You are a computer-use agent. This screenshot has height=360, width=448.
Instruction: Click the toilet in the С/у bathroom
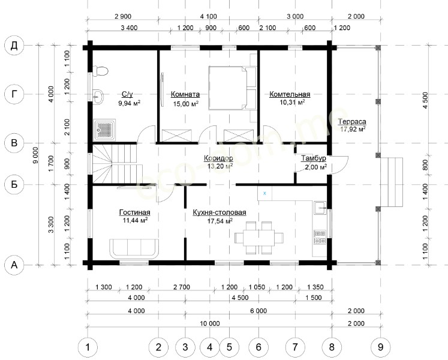[x=100, y=71]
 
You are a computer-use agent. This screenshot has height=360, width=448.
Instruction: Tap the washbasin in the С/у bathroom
[x=98, y=97]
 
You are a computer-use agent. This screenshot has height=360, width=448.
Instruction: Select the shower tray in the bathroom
[x=106, y=130]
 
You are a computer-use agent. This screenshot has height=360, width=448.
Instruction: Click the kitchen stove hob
[x=320, y=237]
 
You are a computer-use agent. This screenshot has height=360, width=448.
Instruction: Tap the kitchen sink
[x=320, y=208]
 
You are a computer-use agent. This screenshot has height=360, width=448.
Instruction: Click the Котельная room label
[x=290, y=94]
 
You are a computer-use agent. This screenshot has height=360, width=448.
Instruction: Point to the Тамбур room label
[x=314, y=158]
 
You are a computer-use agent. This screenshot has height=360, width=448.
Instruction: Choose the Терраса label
[x=352, y=122]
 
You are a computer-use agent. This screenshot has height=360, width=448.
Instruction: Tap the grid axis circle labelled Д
[x=14, y=46]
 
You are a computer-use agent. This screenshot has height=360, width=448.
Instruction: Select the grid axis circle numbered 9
[x=380, y=347]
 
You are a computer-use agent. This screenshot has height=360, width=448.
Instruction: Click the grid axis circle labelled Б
[x=14, y=184]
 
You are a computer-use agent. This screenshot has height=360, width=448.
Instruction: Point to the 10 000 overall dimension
[x=210, y=323]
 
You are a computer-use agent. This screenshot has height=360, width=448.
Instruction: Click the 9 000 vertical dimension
[x=35, y=155]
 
